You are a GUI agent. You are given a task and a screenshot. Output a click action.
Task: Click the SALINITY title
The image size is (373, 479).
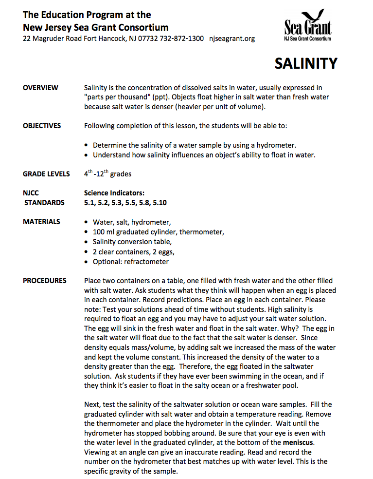click(305, 63)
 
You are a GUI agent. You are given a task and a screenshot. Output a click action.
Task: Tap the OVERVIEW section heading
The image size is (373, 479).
click(40, 88)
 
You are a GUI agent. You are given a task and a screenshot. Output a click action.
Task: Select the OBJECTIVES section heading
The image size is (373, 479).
click(42, 126)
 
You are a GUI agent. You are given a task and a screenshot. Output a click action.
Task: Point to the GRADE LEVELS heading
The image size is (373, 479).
click(46, 174)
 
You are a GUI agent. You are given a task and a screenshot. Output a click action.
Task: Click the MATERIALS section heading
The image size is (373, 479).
click(42, 222)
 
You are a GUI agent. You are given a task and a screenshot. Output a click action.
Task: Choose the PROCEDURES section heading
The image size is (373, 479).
click(45, 281)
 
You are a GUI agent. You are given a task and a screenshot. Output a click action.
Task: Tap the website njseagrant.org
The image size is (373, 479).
click(232, 38)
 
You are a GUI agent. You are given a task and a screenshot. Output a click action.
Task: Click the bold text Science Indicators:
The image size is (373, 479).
click(114, 193)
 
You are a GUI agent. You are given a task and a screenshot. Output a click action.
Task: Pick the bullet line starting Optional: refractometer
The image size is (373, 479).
click(130, 262)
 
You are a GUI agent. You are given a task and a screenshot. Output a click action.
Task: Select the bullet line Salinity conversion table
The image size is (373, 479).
click(132, 242)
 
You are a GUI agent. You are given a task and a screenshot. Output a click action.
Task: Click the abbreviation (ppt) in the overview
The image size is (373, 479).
click(159, 97)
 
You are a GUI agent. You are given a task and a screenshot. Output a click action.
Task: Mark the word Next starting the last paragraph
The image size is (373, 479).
click(92, 404)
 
